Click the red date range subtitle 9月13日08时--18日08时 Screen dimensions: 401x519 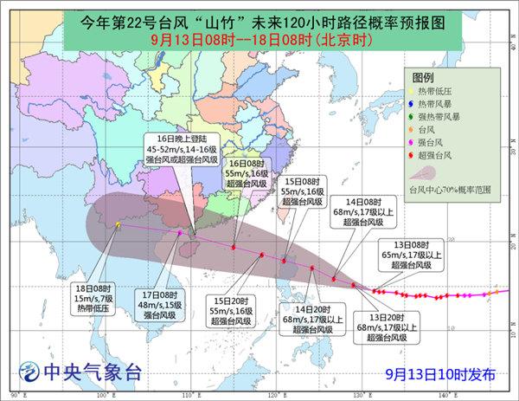(x=259, y=40)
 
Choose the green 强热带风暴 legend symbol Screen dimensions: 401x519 (x=421, y=118)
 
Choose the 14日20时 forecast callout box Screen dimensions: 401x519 (x=315, y=318)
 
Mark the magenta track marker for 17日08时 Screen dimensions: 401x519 (x=179, y=233)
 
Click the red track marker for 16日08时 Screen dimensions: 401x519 (x=234, y=248)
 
